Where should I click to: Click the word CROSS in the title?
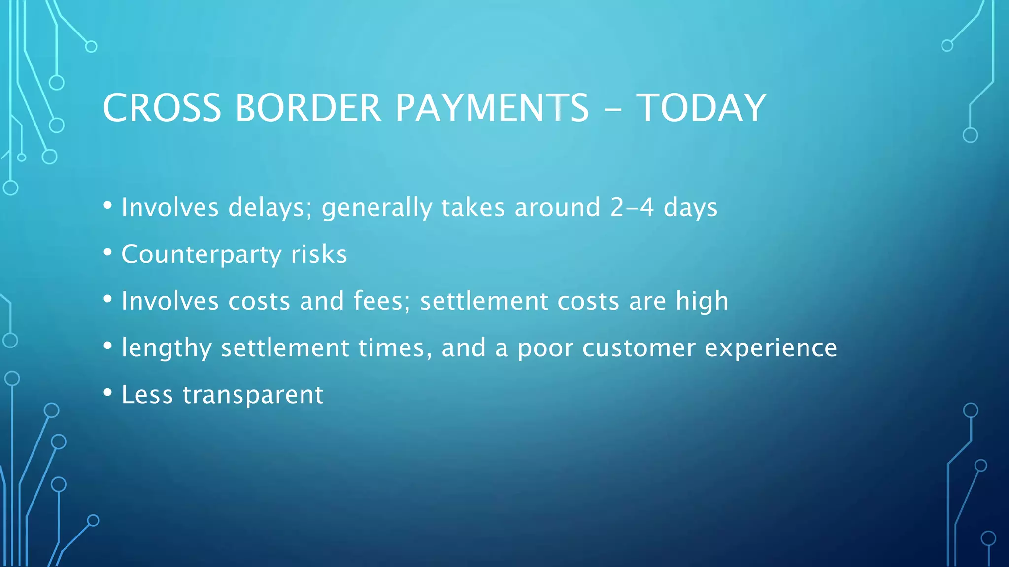pyautogui.click(x=162, y=108)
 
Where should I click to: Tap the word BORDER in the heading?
pyautogui.click(x=308, y=108)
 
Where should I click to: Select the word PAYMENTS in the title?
pyautogui.click(x=492, y=108)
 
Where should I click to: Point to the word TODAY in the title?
pyautogui.click(x=702, y=108)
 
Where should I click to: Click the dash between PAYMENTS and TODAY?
pyautogui.click(x=612, y=109)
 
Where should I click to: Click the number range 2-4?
pyautogui.click(x=632, y=207)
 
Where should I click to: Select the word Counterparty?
pyautogui.click(x=201, y=254)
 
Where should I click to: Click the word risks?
pyautogui.click(x=319, y=254)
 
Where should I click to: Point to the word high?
pyautogui.click(x=702, y=301)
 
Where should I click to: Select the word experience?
pyautogui.click(x=771, y=348)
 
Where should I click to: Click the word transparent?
pyautogui.click(x=253, y=395)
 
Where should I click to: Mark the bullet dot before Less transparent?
pyautogui.click(x=107, y=393)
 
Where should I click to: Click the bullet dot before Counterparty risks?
pyautogui.click(x=107, y=252)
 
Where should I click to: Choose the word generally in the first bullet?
pyautogui.click(x=376, y=207)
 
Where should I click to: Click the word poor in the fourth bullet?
pyautogui.click(x=545, y=348)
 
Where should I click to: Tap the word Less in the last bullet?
pyautogui.click(x=147, y=395)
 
